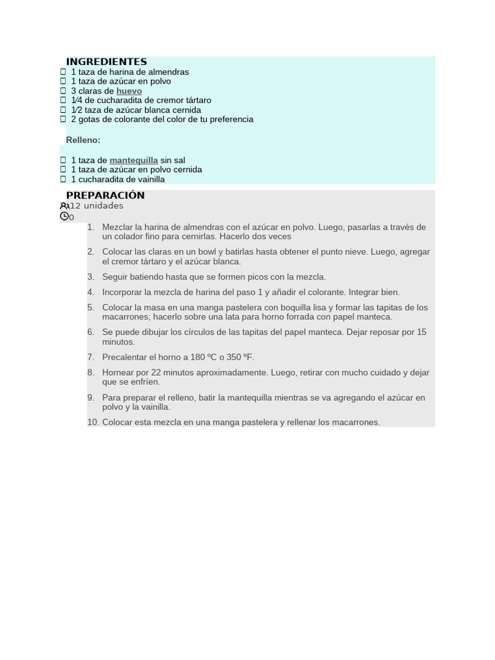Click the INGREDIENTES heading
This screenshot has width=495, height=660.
[106, 62]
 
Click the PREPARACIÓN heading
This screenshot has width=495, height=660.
[105, 195]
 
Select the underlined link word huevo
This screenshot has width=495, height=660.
[129, 91]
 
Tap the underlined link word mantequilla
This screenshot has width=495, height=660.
[133, 160]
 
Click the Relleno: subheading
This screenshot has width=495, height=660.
[83, 140]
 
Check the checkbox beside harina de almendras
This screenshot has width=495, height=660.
[63, 72]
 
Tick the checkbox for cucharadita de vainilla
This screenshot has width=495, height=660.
[63, 179]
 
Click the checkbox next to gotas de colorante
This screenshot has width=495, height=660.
[63, 119]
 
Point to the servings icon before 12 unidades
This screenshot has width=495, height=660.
[64, 206]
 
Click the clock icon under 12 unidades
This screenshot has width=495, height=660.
[64, 217]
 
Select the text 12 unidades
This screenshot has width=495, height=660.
[97, 206]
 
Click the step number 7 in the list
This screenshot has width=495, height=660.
[91, 357]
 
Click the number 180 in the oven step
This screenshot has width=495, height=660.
[197, 357]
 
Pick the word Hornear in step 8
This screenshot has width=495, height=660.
[117, 373]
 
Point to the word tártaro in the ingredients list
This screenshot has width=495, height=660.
[197, 101]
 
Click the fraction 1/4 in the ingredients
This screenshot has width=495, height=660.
[77, 101]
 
